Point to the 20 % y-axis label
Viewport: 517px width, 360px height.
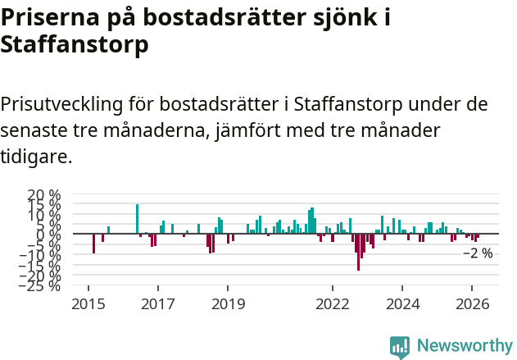pyautogui.click(x=44, y=196)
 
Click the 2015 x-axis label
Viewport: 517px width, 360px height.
pyautogui.click(x=88, y=303)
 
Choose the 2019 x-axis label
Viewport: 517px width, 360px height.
pyautogui.click(x=228, y=303)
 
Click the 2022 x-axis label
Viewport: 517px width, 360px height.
pyautogui.click(x=333, y=303)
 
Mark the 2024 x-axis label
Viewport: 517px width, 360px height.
pyautogui.click(x=402, y=303)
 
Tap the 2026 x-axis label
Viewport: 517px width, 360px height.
pyautogui.click(x=472, y=303)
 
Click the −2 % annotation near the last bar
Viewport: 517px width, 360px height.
pyautogui.click(x=478, y=253)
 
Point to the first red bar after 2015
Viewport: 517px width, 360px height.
pyautogui.click(x=93, y=244)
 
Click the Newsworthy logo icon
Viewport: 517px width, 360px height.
pyautogui.click(x=400, y=347)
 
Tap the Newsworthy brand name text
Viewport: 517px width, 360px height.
pyautogui.click(x=465, y=347)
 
